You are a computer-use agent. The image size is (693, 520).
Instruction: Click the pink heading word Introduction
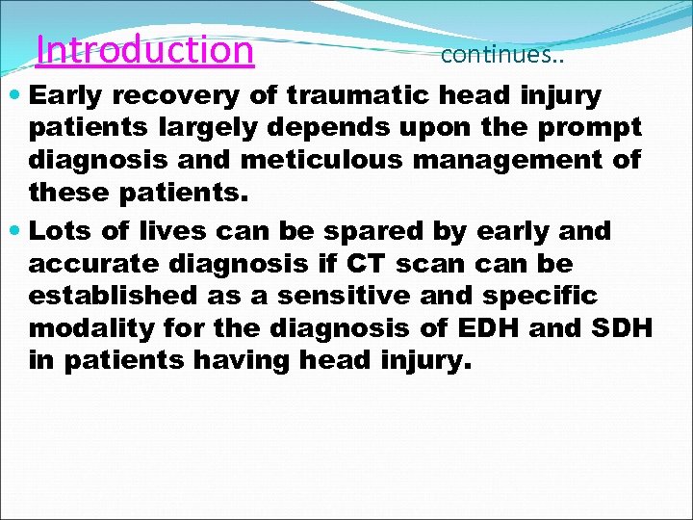pos(144,49)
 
